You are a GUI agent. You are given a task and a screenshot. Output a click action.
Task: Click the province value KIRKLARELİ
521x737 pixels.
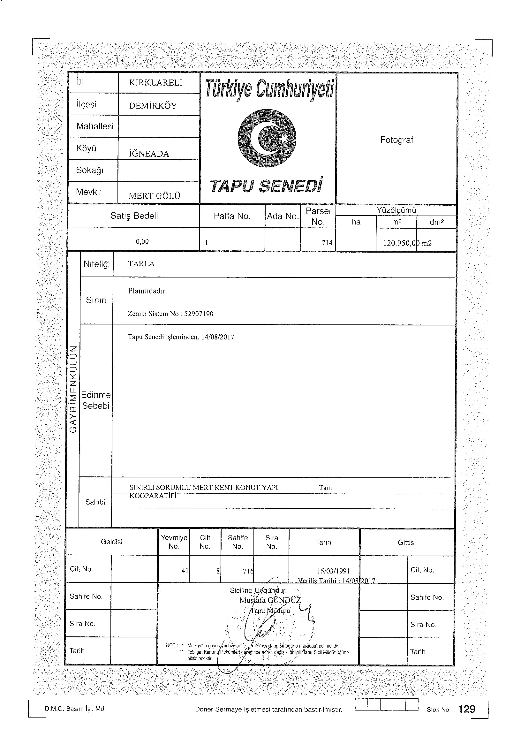pos(155,83)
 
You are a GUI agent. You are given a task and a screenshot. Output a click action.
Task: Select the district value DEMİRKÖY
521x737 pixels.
pos(153,106)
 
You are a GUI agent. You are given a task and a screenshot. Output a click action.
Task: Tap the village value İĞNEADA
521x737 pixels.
pos(149,154)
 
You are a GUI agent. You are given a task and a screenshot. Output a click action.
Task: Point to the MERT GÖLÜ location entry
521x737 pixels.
pos(154,196)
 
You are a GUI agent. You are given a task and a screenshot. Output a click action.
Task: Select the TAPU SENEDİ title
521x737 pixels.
pos(266,186)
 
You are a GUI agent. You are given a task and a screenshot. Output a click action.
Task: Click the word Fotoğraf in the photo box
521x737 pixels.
pos(396,140)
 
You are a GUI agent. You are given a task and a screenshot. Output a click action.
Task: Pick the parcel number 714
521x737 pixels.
pos(327,243)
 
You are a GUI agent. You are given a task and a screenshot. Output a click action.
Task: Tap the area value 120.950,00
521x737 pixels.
pos(401,243)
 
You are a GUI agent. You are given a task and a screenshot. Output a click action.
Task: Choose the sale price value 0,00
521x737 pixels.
pos(142,241)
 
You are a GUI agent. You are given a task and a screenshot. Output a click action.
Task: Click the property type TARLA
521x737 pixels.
pos(141,264)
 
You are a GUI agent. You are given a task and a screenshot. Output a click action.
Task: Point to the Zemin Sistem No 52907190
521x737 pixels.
pos(170,314)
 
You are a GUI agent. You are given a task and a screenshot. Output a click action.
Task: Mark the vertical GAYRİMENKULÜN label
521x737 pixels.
pos(73,389)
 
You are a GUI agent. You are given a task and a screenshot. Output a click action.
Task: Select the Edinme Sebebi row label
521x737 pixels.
pos(96,400)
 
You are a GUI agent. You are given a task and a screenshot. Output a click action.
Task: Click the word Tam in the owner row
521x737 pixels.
pos(325,488)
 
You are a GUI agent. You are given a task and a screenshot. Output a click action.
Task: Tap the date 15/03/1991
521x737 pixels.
pos(333,571)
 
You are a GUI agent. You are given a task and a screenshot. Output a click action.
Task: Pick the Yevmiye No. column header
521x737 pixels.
pos(174,542)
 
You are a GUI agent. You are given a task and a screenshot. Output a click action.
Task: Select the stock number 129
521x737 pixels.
pos(467,709)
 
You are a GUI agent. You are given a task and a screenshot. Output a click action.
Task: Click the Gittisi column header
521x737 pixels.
pos(406,543)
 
